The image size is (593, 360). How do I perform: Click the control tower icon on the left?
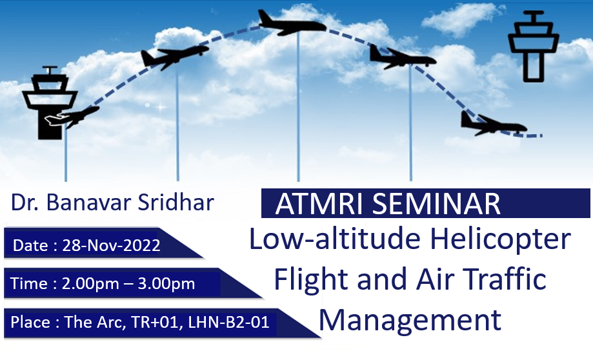[x=50, y=103]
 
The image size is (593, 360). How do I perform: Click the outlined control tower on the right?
[x=533, y=46]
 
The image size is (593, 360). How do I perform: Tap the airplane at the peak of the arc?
[x=292, y=23]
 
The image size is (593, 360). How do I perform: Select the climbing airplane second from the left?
[x=174, y=57]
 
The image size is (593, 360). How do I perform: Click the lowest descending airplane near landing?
[x=493, y=124]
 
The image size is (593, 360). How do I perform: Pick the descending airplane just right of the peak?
[x=403, y=57]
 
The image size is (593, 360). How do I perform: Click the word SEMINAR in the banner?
[x=436, y=204]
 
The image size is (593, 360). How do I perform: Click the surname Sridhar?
[x=176, y=203]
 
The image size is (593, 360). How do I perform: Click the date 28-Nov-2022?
[x=111, y=246]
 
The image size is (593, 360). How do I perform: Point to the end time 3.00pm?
[x=166, y=285]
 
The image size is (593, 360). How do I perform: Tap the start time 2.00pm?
[x=90, y=285]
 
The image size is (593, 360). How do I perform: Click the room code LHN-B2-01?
[x=228, y=322]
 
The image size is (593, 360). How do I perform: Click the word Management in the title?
[x=410, y=321]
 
